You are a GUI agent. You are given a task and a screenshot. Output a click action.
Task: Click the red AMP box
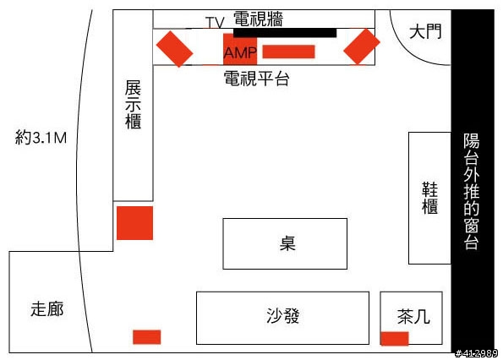pyautogui.click(x=240, y=49)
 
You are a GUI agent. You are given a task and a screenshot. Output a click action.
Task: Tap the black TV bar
pyautogui.click(x=285, y=33)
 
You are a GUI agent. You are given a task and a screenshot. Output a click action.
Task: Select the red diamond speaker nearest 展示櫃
pyautogui.click(x=174, y=49)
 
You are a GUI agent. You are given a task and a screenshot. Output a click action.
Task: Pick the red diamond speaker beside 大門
pyautogui.click(x=362, y=46)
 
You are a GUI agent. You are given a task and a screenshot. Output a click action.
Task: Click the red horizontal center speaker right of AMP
pyautogui.click(x=289, y=52)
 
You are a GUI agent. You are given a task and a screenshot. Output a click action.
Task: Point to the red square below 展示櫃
pyautogui.click(x=134, y=223)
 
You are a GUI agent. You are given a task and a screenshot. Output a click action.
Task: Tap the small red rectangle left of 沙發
pyautogui.click(x=147, y=337)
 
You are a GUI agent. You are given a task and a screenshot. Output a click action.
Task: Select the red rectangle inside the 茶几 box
pyautogui.click(x=395, y=339)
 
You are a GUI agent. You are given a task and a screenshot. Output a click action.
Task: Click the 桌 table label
pyautogui.click(x=287, y=243)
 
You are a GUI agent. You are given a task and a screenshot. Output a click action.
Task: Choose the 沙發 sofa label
pyautogui.click(x=283, y=316)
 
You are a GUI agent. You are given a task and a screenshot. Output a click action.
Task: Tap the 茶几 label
pyautogui.click(x=413, y=317)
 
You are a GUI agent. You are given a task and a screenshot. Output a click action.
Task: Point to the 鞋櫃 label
pyautogui.click(x=429, y=198)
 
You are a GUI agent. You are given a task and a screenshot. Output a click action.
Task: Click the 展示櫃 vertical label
pyautogui.click(x=133, y=105)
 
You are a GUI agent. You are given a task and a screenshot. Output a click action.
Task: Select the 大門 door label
pyautogui.click(x=426, y=32)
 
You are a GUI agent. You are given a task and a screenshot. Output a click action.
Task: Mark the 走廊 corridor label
pyautogui.click(x=47, y=309)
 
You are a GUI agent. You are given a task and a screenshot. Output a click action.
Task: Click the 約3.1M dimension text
pyautogui.click(x=41, y=138)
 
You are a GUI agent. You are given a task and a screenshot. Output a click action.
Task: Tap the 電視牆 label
pyautogui.click(x=259, y=19)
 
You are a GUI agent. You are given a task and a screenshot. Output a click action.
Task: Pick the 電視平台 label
pyautogui.click(x=257, y=79)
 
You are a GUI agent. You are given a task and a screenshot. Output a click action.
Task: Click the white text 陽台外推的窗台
pyautogui.click(x=472, y=191)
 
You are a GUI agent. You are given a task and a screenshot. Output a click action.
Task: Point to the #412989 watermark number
pyautogui.click(x=477, y=353)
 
